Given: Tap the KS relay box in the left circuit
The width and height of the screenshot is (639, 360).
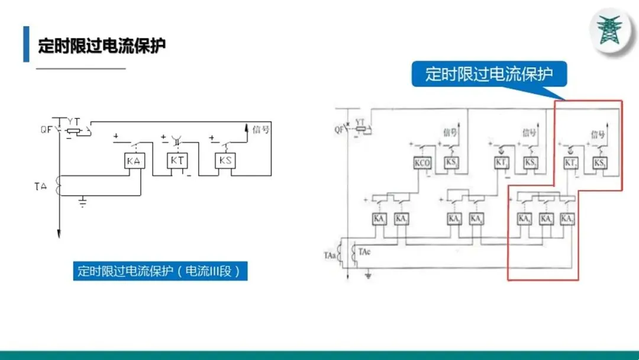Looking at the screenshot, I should (x=224, y=162).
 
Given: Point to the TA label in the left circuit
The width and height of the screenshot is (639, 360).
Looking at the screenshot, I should (x=40, y=187).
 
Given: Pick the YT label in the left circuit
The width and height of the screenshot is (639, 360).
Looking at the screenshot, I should (x=73, y=120).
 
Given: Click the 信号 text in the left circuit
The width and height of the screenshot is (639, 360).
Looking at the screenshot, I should (x=261, y=130).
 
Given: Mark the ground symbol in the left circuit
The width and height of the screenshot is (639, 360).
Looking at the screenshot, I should (x=83, y=204).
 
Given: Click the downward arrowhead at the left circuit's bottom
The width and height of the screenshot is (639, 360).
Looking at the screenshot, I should (x=59, y=234).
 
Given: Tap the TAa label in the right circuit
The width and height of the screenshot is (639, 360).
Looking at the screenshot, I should (x=330, y=256).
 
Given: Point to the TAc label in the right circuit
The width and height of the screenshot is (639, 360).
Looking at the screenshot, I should (x=364, y=252).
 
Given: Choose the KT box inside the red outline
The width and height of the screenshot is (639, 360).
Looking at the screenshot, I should (x=570, y=163).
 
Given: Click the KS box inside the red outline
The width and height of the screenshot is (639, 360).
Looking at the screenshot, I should (x=600, y=163).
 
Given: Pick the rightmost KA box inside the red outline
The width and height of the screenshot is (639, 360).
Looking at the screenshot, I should (x=566, y=219).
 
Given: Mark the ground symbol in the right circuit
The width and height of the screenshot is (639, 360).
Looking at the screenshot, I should (x=369, y=275).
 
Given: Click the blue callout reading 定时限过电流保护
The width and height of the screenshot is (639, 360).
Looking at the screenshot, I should (x=489, y=75).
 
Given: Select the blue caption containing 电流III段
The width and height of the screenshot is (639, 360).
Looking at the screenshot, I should (x=160, y=271).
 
